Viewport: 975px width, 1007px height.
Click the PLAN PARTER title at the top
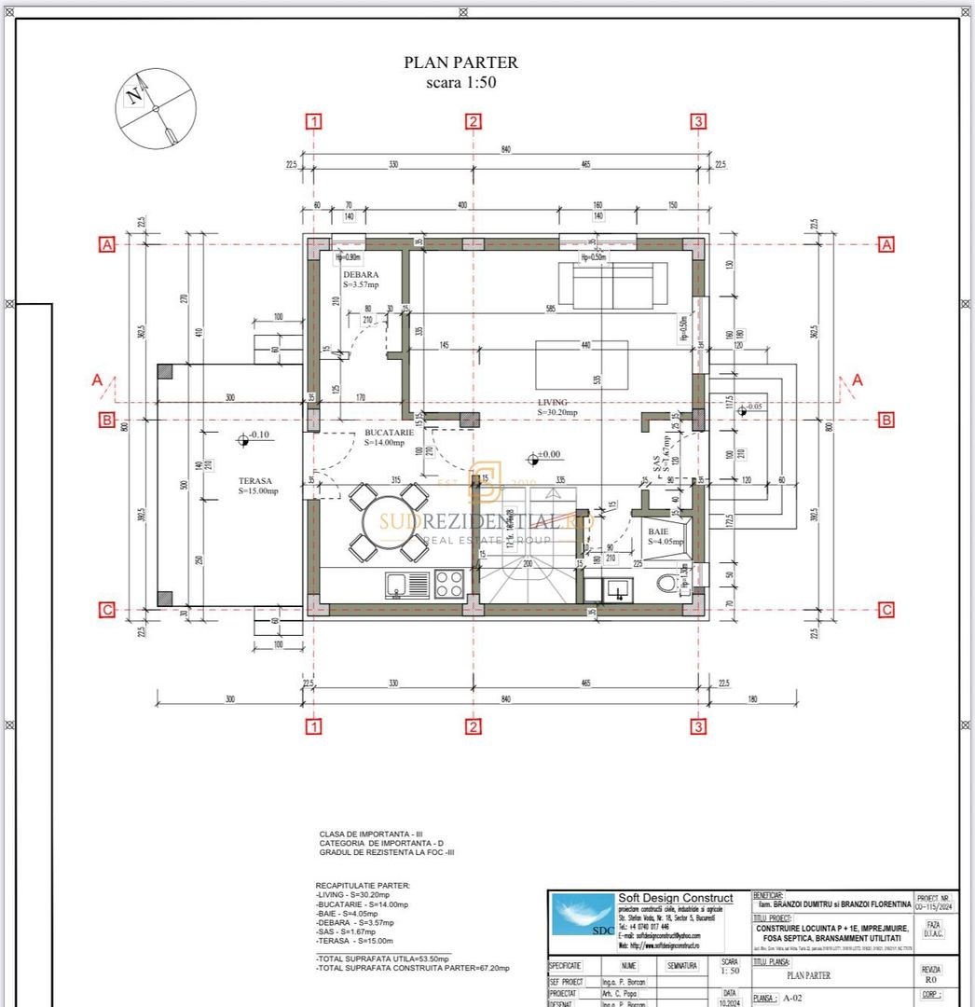[x=460, y=63]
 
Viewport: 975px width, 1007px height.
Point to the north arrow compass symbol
[x=156, y=108]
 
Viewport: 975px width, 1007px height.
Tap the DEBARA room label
[x=360, y=275]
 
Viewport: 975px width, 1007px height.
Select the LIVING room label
[x=552, y=403]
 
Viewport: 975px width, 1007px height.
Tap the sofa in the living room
[x=613, y=285]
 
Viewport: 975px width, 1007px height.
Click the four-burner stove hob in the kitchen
[x=449, y=584]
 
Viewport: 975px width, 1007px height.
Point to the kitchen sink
[x=398, y=585]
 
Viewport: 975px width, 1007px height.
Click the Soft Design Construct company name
[x=675, y=898]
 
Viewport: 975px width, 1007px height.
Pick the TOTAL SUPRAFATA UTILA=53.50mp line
[x=383, y=959]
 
